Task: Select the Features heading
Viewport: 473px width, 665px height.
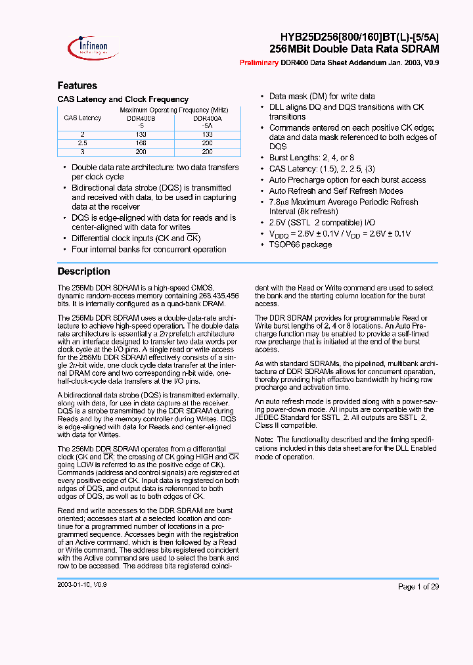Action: click(x=77, y=85)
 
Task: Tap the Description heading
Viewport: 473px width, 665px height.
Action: click(x=83, y=271)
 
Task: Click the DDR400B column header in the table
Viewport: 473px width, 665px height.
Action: click(x=141, y=118)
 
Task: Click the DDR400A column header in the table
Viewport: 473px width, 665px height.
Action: click(x=207, y=118)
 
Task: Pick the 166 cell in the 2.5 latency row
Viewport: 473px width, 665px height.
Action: click(x=141, y=142)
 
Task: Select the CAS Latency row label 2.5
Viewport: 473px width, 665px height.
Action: click(x=83, y=142)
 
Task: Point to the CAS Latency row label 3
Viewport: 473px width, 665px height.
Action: click(x=83, y=151)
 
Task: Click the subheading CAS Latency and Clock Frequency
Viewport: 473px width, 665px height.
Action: click(x=123, y=99)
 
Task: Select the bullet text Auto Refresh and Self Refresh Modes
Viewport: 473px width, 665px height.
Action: click(x=336, y=191)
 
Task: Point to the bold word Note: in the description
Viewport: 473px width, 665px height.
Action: click(x=263, y=440)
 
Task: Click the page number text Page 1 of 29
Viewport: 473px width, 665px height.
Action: click(x=418, y=587)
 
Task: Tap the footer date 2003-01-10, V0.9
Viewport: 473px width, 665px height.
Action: click(x=82, y=584)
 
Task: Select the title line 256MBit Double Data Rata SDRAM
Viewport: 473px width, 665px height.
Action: click(x=354, y=49)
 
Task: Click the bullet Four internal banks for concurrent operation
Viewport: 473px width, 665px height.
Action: click(x=148, y=250)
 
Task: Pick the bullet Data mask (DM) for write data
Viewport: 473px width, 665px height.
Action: click(x=322, y=97)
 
